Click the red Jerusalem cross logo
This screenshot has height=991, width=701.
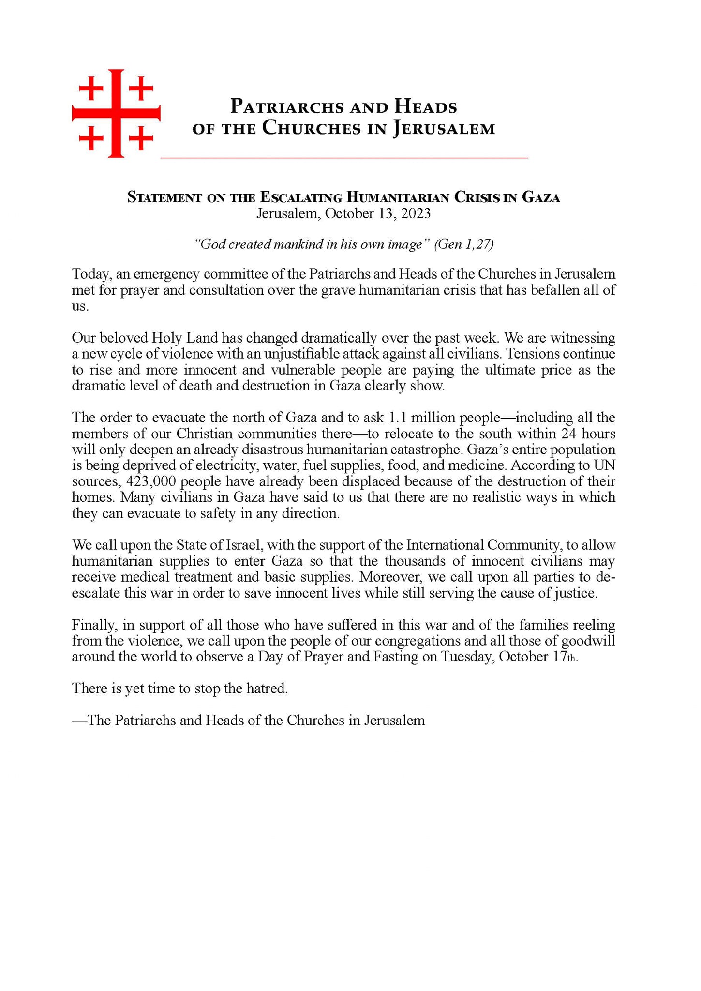[116, 113]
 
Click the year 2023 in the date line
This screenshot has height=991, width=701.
[414, 213]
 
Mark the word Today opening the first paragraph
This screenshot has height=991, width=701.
[92, 274]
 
